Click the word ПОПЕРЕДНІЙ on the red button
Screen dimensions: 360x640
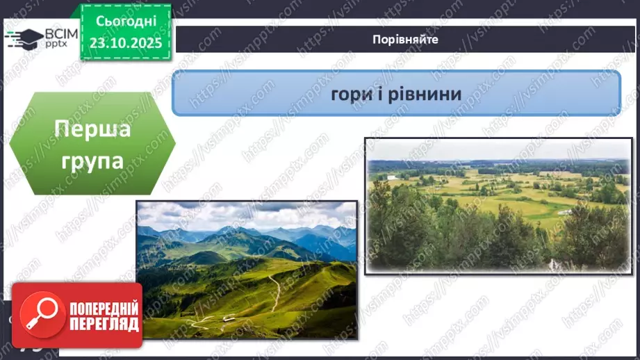click(104, 309)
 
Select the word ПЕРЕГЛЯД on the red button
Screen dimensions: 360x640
click(104, 324)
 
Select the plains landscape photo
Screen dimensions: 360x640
click(498, 205)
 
